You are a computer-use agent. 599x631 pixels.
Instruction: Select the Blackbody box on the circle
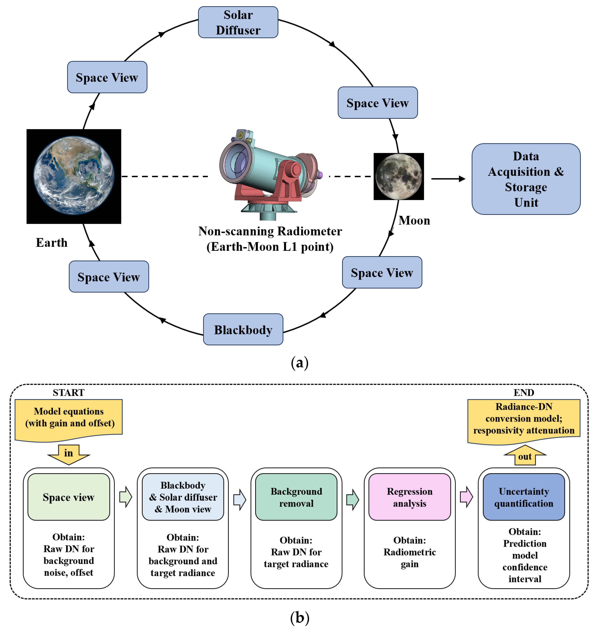coord(243,329)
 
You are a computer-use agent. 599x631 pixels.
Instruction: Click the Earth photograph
coord(74,176)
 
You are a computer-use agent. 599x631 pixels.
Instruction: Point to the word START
coord(69,392)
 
